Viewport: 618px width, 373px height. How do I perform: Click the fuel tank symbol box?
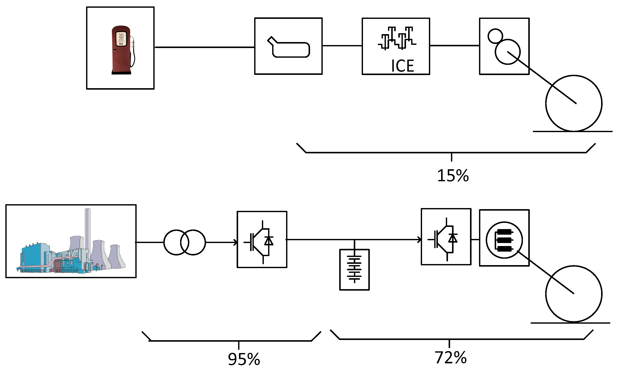pyautogui.click(x=288, y=46)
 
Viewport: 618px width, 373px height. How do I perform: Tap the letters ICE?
pyautogui.click(x=402, y=66)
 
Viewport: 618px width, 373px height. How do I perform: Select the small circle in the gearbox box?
pyautogui.click(x=495, y=36)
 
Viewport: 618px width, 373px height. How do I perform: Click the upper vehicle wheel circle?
pyautogui.click(x=574, y=103)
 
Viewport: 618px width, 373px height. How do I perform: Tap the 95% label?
pyautogui.click(x=244, y=359)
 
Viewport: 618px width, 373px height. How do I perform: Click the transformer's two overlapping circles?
pyautogui.click(x=185, y=242)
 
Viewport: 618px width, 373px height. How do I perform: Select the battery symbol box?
pyautogui.click(x=354, y=270)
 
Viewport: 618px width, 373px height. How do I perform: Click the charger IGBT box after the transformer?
pyautogui.click(x=262, y=239)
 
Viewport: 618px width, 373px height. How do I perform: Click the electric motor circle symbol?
pyautogui.click(x=504, y=240)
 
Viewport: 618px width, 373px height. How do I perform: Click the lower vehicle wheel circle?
pyautogui.click(x=574, y=294)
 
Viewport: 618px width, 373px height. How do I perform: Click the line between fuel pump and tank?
pyautogui.click(x=205, y=47)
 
